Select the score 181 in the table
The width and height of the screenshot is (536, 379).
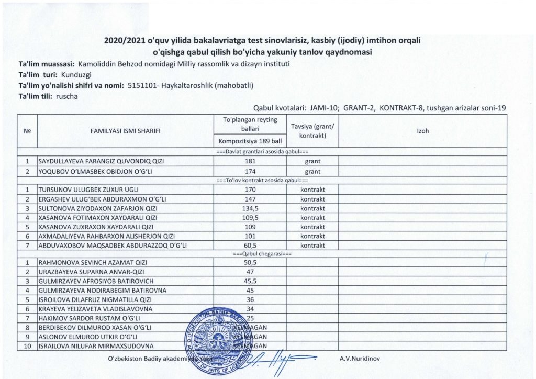(x=250, y=161)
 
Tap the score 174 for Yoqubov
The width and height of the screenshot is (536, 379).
(x=250, y=171)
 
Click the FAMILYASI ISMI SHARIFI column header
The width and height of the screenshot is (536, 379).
(x=125, y=131)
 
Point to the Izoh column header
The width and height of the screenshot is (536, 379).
(x=422, y=131)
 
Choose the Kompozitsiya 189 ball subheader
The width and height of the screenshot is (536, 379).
(x=250, y=141)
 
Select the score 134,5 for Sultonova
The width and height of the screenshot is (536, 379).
(x=250, y=208)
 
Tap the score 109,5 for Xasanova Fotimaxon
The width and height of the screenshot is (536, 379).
(x=250, y=217)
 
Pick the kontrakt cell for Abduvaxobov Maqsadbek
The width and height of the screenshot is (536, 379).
(x=312, y=246)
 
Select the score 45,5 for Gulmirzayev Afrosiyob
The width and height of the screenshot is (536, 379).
(x=250, y=281)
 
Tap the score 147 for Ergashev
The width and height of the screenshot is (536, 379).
(x=250, y=198)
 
